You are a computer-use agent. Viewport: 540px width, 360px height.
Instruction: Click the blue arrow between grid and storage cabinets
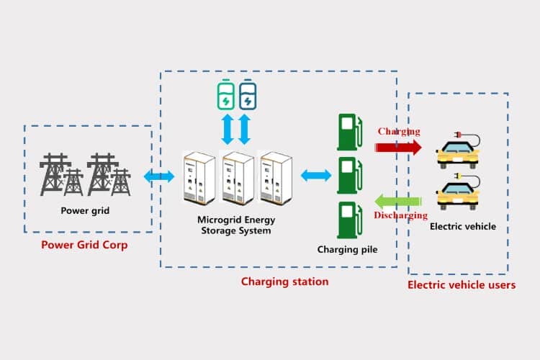point(159,176)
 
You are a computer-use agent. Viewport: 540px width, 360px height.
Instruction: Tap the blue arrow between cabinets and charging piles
point(315,175)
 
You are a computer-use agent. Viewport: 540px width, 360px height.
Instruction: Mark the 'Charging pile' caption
point(347,250)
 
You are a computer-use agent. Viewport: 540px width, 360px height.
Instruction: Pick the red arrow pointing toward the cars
point(398,147)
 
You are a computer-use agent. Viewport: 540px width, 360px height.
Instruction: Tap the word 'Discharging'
point(400,215)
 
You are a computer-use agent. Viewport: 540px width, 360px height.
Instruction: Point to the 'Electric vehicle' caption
point(462,226)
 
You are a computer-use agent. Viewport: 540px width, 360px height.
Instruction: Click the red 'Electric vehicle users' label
point(462,284)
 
